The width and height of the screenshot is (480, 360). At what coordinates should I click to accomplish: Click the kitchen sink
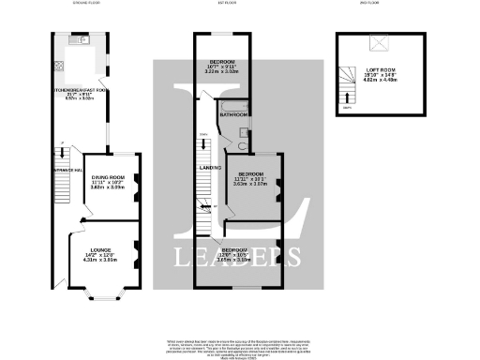coord(82,42)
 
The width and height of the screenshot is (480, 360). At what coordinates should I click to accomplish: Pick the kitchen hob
coord(59,67)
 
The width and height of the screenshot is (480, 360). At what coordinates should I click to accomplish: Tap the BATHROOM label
coord(233,114)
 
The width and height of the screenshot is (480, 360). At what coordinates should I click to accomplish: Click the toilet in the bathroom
coord(242,145)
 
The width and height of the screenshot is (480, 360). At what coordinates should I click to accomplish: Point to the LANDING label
coord(210,169)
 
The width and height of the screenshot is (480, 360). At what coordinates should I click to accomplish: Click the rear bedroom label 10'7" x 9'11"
coord(222,66)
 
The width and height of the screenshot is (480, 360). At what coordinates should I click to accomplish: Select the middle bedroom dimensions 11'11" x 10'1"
coord(250,181)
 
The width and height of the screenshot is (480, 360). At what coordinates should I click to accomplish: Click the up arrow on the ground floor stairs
coord(62,144)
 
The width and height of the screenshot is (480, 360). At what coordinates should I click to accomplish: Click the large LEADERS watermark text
coord(239,256)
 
